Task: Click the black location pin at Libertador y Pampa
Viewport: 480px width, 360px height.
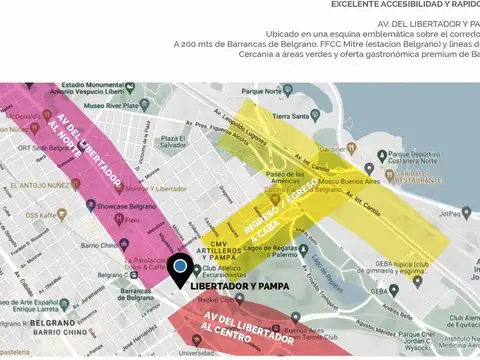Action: click(180, 269)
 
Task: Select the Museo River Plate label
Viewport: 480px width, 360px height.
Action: click(116, 104)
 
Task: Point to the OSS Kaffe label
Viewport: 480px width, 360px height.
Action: click(45, 215)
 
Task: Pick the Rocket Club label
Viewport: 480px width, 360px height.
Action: click(215, 300)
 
